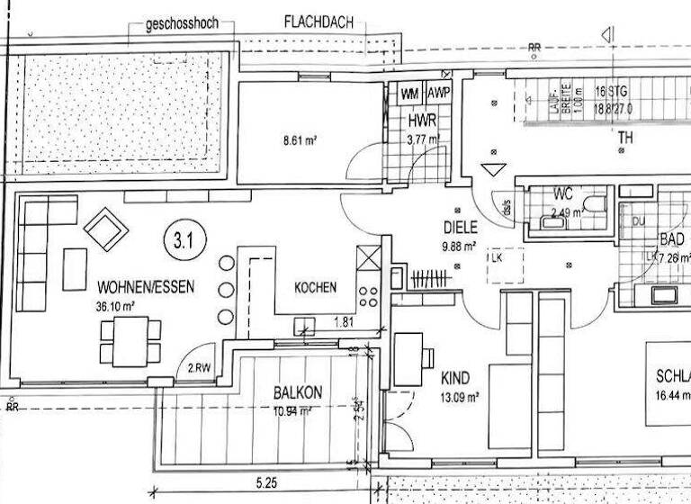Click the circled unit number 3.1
185,240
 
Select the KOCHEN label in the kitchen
316,288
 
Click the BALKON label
298,393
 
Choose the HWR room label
421,122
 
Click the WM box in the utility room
410,94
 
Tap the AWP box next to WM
438,94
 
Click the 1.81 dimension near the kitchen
344,321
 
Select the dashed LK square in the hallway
505,265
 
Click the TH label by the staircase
624,139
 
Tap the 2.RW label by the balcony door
198,367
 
